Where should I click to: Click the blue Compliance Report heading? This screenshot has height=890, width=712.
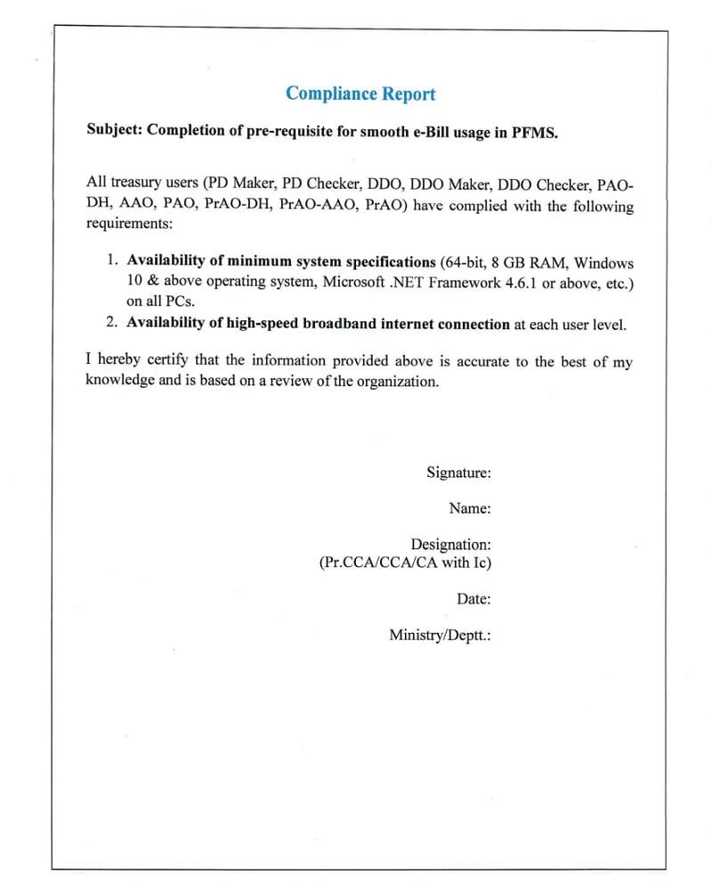360,93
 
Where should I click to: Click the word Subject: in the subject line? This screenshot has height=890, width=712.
114,130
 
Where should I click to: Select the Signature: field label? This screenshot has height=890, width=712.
458,473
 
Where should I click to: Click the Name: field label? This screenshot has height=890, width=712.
470,508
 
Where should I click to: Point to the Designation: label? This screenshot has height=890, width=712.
450,544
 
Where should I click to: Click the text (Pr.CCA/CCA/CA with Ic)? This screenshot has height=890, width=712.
405,562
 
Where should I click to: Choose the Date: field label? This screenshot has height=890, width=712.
473,599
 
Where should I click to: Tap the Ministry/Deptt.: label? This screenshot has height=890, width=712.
441,635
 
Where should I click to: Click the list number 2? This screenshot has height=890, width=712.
111,324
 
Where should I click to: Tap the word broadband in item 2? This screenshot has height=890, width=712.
340,324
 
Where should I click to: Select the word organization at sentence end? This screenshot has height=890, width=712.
398,381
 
